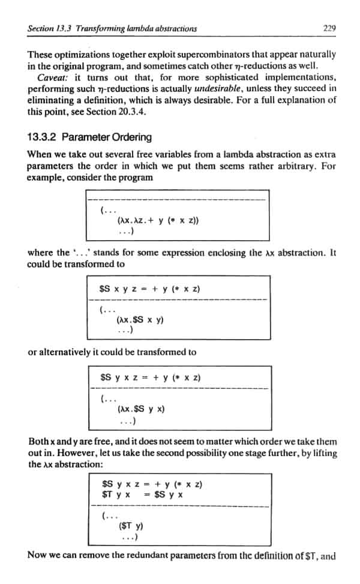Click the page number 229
328,28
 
